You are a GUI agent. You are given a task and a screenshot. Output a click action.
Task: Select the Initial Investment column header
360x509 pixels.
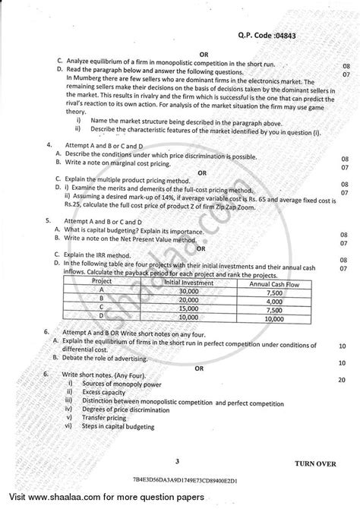point(191,282)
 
